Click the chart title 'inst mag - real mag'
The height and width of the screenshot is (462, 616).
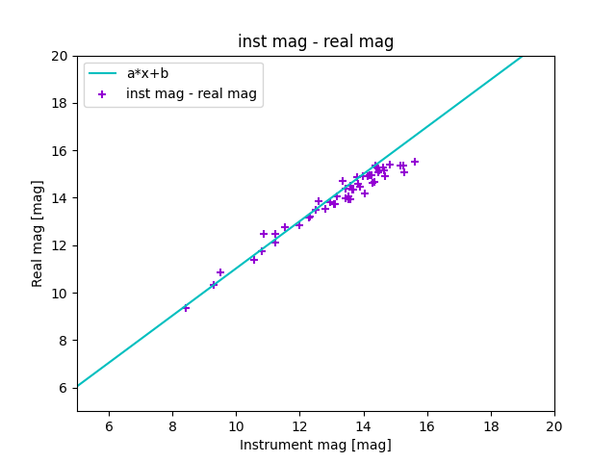point(316,42)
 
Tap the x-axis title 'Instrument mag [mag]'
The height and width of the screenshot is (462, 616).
point(316,445)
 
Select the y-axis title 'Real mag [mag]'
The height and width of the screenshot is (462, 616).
point(38,234)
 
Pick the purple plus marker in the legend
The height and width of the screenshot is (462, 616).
point(102,94)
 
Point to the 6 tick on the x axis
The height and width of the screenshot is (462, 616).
point(109,426)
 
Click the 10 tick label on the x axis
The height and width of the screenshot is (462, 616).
point(236,426)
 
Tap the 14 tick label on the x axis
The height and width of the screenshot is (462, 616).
point(364,426)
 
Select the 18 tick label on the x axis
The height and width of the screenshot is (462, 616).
point(491,426)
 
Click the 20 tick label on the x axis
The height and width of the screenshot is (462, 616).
point(554,426)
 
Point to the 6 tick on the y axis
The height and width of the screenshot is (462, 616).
point(64,388)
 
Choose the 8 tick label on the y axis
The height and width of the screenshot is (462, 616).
point(64,341)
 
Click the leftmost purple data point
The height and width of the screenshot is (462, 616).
point(186,308)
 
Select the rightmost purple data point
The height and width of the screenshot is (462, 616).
point(415,162)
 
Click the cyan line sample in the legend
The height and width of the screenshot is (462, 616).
point(102,73)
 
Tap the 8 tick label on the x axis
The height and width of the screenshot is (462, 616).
point(172,426)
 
